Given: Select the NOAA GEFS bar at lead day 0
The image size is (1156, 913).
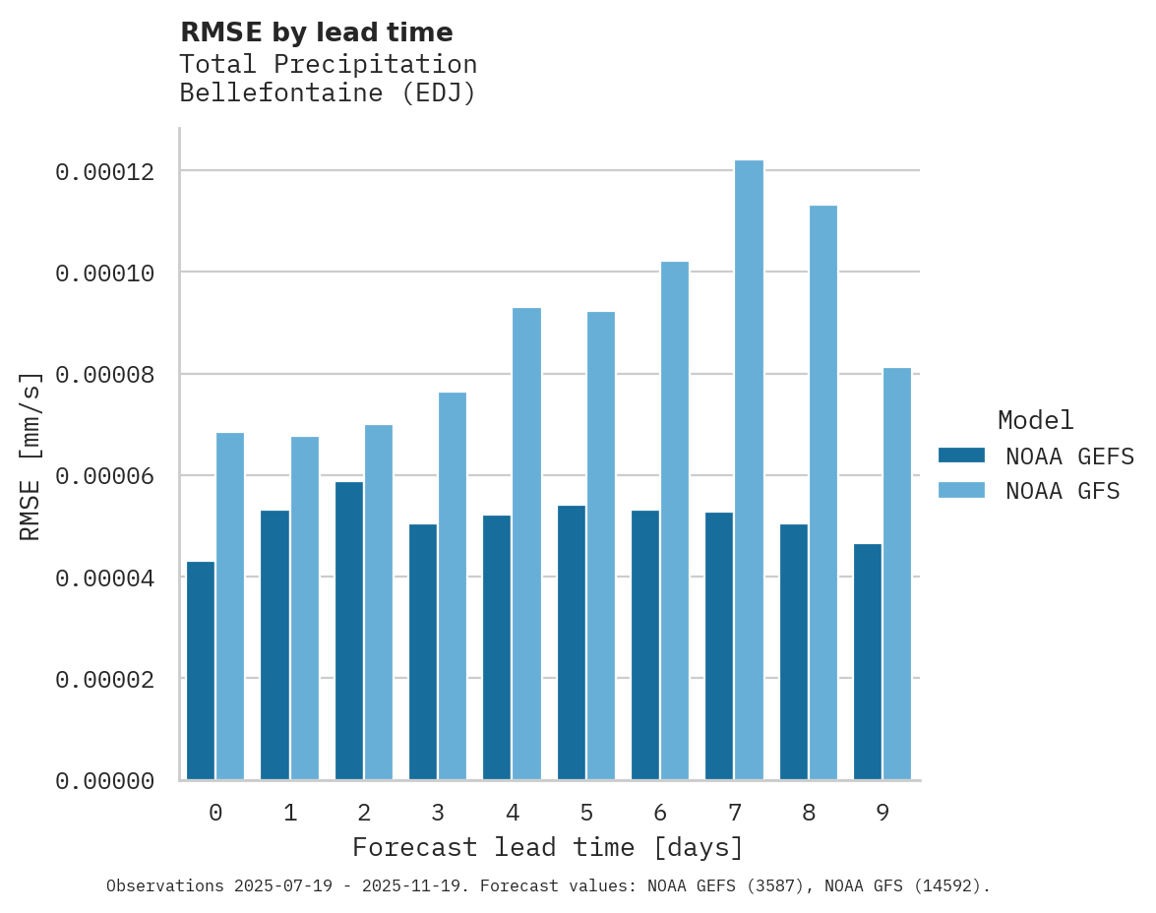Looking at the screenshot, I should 201,671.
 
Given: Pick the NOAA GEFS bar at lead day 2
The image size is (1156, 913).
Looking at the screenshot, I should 349,631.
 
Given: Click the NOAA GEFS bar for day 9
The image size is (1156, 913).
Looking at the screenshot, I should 868,662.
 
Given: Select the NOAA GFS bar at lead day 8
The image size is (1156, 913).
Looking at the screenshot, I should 822,493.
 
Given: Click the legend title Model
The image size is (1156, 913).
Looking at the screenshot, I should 1035,420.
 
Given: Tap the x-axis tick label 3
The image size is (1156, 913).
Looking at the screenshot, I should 438,813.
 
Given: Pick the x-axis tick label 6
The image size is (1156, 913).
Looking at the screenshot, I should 660,813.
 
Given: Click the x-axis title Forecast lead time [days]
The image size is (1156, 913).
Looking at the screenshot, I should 548,847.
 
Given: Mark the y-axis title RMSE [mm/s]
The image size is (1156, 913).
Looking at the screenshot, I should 31,456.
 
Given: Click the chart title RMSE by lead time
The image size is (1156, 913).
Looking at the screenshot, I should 317,32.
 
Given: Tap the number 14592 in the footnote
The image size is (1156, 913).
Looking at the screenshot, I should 948,886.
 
